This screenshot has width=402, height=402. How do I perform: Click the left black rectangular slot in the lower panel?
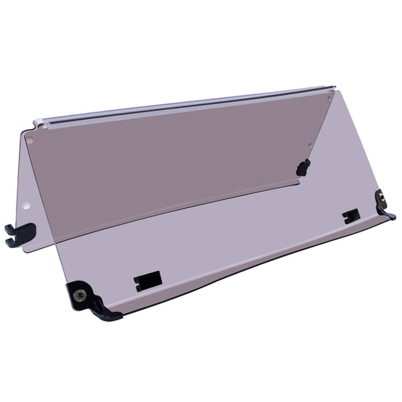[148, 281]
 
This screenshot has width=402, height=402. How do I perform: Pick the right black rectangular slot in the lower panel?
[351, 216]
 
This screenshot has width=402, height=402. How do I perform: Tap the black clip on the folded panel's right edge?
[303, 167]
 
